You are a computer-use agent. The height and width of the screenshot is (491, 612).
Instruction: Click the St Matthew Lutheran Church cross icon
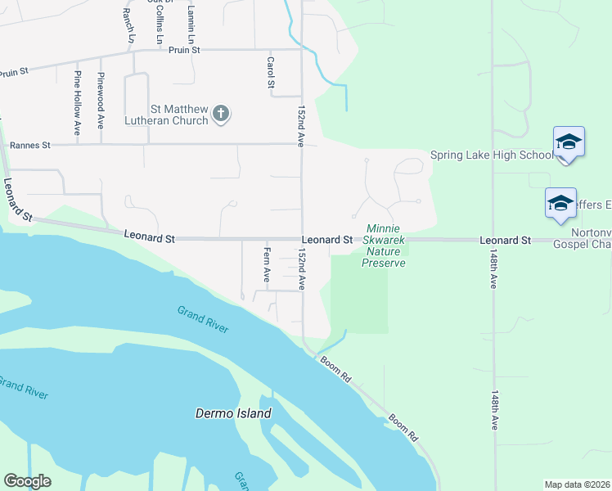coord(220,115)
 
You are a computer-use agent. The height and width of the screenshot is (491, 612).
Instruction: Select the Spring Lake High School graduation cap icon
coord(569,143)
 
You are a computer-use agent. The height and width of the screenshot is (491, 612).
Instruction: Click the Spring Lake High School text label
coord(493,155)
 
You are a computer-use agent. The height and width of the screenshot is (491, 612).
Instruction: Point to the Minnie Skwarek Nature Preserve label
coord(384,246)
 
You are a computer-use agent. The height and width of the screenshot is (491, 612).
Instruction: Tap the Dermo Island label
coord(233,413)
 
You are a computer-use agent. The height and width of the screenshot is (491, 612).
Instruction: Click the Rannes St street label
coord(29,145)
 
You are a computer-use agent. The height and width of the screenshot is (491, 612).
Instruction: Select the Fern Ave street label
coord(267,264)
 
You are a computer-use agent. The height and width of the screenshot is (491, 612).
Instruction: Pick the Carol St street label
coord(270,73)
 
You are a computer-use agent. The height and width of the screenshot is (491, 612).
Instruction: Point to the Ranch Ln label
coord(127,25)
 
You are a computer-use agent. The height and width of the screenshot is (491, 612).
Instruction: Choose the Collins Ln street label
coord(159,25)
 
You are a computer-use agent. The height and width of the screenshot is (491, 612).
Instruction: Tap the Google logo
coord(27,481)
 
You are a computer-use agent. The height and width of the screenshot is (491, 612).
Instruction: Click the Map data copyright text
coord(576,484)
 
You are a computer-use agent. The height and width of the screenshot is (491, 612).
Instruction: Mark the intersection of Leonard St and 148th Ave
coord(493,240)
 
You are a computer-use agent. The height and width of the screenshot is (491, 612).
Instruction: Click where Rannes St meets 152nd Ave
coord(302,144)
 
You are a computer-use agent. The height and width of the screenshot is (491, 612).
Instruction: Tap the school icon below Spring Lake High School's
coord(560,202)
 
